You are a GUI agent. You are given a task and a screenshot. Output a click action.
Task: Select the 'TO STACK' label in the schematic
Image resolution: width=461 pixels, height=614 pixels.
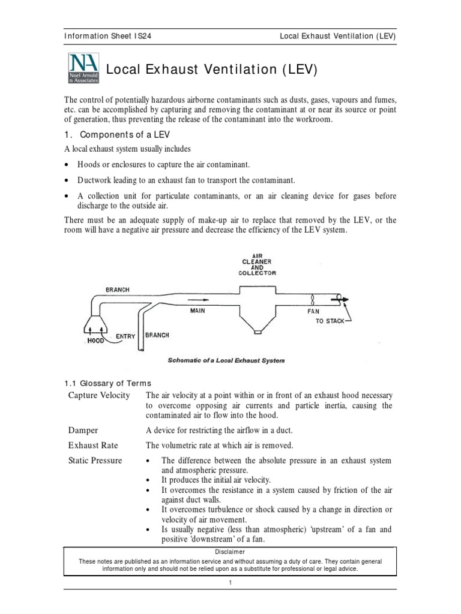pos(330,321)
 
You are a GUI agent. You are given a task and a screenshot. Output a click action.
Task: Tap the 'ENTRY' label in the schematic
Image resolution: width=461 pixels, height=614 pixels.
pos(125,336)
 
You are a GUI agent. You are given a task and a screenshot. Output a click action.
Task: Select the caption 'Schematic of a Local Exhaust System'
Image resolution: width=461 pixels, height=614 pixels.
pos(225,360)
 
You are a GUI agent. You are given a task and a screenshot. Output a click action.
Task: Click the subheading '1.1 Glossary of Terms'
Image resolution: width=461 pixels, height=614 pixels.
pos(108,383)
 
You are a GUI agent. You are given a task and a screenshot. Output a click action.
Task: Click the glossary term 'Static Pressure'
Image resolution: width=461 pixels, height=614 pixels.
pos(95,460)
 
